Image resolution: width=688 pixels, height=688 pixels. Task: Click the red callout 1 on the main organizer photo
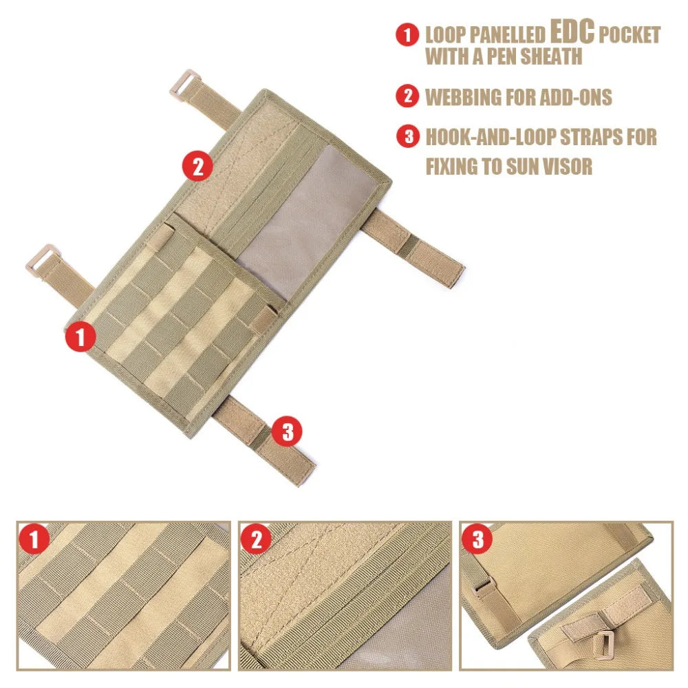click(x=80, y=338)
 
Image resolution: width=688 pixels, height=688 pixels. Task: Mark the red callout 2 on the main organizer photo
click(x=197, y=166)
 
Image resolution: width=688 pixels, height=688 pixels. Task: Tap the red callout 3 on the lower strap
click(x=287, y=432)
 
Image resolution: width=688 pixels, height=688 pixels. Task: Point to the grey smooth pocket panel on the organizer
click(x=310, y=213)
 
